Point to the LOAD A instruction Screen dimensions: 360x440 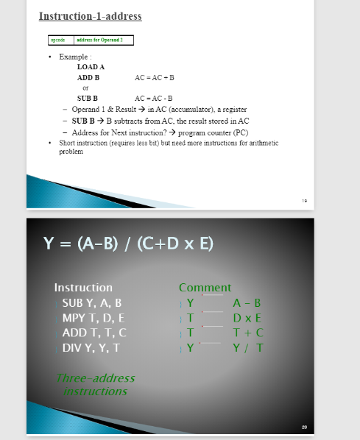[90, 66]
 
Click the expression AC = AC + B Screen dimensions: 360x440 [155, 77]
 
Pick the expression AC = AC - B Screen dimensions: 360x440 [154, 98]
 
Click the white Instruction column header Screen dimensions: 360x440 [83, 288]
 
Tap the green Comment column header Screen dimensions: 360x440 [205, 288]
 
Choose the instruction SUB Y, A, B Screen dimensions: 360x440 [92, 302]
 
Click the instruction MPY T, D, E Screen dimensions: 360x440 [93, 318]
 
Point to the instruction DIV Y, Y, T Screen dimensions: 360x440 [91, 347]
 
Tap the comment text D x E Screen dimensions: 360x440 [247, 318]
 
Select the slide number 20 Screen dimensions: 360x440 [303, 426]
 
